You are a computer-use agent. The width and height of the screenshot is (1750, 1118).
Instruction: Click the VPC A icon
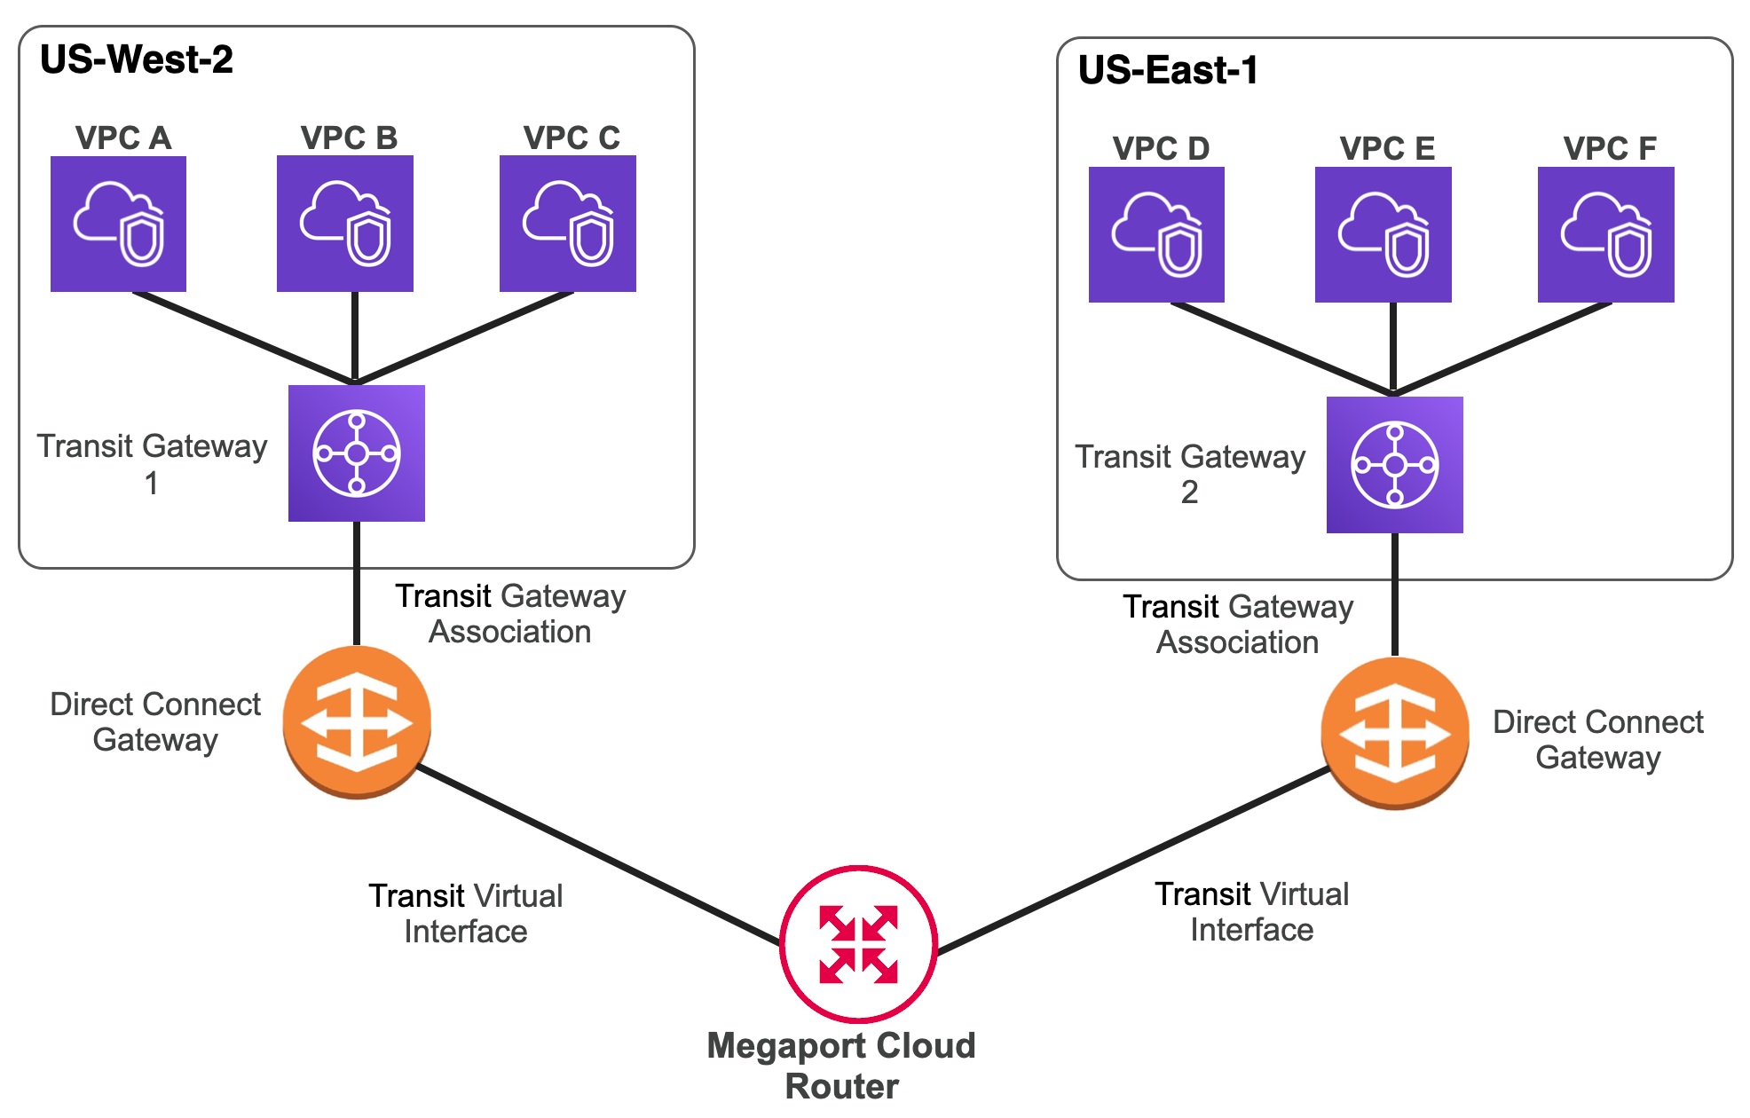tap(118, 224)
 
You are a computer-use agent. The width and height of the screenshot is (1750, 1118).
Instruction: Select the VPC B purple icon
tap(344, 224)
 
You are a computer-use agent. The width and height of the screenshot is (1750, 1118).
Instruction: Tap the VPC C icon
tap(567, 224)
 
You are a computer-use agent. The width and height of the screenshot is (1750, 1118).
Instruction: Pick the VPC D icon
tap(1156, 234)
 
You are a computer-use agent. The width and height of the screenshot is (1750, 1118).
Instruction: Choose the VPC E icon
tap(1383, 234)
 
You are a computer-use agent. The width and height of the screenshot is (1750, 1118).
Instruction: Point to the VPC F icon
tap(1605, 234)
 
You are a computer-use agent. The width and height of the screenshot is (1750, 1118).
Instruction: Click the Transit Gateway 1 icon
tap(356, 453)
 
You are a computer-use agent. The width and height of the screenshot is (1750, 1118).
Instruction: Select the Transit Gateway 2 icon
tap(1394, 464)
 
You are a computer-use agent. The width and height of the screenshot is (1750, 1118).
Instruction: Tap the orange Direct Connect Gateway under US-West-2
tap(356, 721)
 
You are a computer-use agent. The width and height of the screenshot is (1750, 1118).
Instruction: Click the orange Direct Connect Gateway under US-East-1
tap(1394, 733)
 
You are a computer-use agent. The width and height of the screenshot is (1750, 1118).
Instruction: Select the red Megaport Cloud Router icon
tap(858, 944)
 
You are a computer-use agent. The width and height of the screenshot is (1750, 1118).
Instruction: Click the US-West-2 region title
tap(137, 59)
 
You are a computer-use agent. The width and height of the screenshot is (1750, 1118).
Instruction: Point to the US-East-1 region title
tap(1168, 70)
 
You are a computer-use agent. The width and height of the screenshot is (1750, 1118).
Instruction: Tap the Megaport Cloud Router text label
tap(841, 1065)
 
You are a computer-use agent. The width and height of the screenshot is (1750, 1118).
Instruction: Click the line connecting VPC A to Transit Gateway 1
tap(244, 338)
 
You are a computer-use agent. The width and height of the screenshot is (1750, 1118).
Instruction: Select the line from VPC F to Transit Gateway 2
tap(1502, 348)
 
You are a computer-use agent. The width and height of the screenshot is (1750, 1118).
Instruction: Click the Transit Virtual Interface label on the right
tap(1251, 911)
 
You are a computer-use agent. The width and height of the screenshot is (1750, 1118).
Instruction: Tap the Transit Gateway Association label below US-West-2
tap(510, 613)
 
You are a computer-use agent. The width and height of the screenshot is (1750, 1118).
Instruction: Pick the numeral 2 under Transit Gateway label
tap(1189, 492)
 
